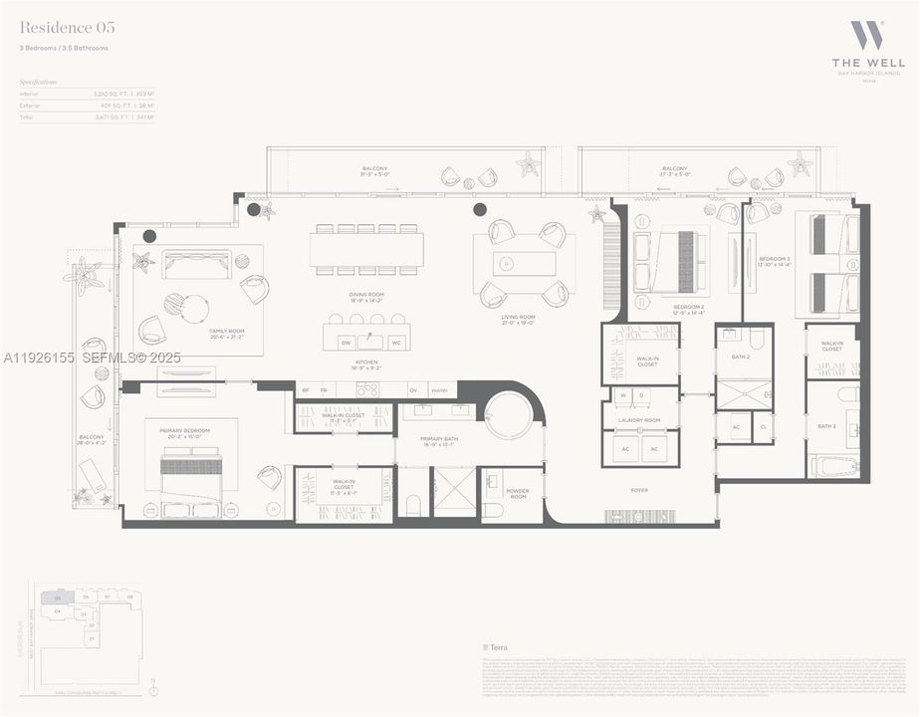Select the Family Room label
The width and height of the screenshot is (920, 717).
click(x=226, y=331)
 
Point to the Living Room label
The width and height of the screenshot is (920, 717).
click(x=518, y=318)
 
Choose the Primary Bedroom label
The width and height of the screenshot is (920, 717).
click(x=189, y=431)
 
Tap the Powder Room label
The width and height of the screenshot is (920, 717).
click(x=517, y=493)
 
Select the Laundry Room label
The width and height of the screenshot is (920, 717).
click(x=638, y=420)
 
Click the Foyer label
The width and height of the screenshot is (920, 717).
click(x=638, y=490)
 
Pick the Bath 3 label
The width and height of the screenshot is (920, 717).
click(x=826, y=426)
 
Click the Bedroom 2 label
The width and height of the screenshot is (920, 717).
click(x=688, y=308)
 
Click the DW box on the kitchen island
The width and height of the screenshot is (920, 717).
click(x=345, y=342)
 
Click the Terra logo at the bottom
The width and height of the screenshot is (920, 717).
click(x=489, y=646)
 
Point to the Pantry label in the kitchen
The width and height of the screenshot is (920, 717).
click(x=439, y=389)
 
